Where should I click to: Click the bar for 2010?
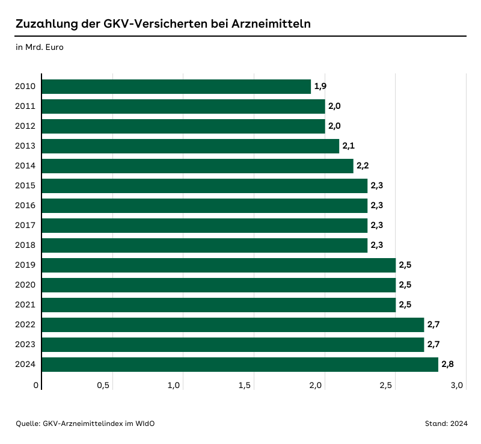click(176, 87)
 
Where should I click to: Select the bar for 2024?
click(240, 365)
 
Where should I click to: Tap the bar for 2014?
click(197, 166)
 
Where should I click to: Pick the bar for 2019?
click(219, 265)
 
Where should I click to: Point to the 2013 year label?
click(26, 146)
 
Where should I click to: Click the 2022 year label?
click(26, 325)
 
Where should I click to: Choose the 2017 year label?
click(26, 226)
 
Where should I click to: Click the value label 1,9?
click(320, 87)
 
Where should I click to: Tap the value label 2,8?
click(447, 365)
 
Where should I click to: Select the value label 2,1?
click(349, 146)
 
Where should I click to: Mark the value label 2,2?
click(363, 166)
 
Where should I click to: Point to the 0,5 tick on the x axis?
click(103, 386)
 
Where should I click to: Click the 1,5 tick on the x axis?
click(244, 386)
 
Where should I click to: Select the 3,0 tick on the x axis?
click(457, 386)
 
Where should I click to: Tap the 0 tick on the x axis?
click(36, 386)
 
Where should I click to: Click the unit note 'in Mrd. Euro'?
click(40, 47)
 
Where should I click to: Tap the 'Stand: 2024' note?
click(446, 424)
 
